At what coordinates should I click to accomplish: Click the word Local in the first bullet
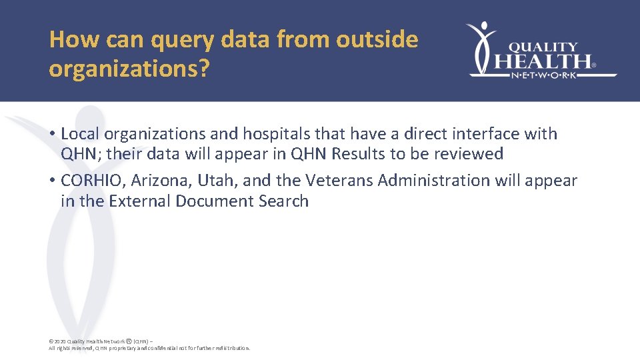81,133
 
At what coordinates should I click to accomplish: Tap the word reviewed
470,154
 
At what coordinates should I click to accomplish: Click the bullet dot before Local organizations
51,134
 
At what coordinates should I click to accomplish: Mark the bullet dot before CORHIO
51,181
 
